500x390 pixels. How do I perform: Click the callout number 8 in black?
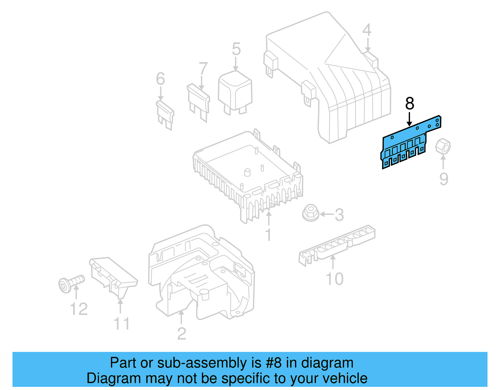coord(409,104)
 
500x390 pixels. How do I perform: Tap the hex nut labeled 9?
coord(443,146)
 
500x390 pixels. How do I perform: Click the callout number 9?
coord(443,179)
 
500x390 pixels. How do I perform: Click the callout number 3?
coord(339,215)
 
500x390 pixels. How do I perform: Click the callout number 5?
coord(236,49)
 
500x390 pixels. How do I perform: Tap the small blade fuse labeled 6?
coord(165,115)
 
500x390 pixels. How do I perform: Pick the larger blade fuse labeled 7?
coord(199,101)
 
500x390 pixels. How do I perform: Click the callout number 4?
coord(367,30)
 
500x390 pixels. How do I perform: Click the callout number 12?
coord(78,309)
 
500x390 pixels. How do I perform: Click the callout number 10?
coord(334,279)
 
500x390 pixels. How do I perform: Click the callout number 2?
coord(182,334)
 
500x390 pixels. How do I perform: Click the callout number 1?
coord(268,235)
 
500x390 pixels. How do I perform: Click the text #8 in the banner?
coord(274,363)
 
